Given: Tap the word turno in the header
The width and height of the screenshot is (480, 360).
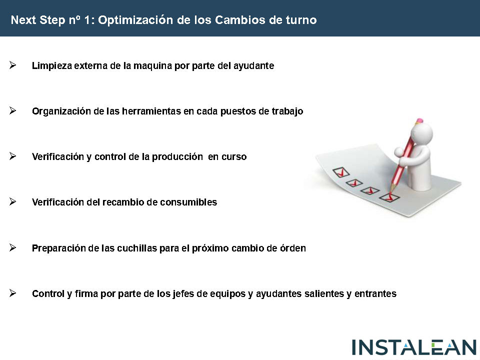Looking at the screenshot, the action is [x=301, y=20].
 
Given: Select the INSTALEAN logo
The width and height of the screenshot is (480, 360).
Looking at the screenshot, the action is [x=414, y=347].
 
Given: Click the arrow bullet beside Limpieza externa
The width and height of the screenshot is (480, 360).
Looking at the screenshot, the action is [x=12, y=65].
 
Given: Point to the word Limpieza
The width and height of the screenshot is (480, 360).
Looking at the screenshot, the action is [x=52, y=66].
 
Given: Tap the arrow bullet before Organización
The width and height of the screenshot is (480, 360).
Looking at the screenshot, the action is [x=12, y=110].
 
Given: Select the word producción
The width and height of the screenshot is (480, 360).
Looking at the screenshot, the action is [x=177, y=156].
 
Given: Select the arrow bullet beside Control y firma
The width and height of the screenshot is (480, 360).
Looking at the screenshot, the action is [x=12, y=293].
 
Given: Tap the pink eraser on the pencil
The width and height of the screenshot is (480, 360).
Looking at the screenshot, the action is [x=419, y=120].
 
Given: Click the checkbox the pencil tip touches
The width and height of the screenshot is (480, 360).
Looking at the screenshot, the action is [x=389, y=197].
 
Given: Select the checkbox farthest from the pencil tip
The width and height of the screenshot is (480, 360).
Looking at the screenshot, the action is [x=341, y=172].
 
